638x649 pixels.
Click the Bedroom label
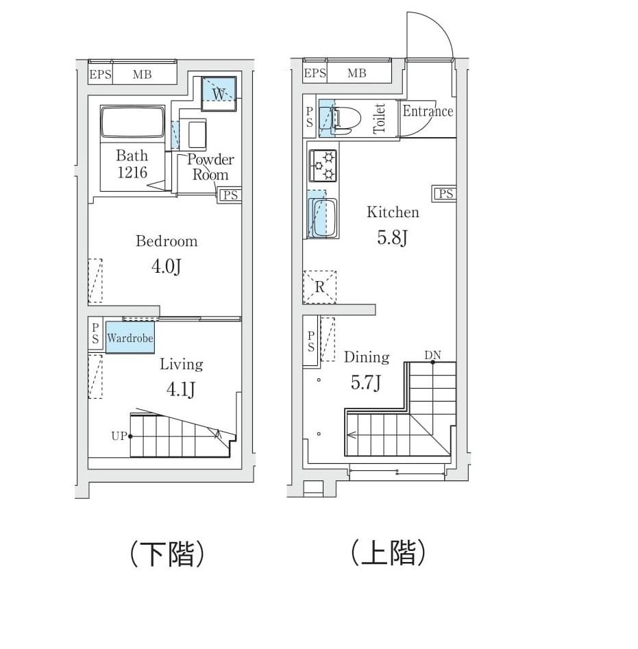point(167,241)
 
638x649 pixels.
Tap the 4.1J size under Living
point(182,389)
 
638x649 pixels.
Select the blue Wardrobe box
point(130,339)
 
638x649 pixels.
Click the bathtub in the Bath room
point(132,124)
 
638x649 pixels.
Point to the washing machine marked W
point(219,93)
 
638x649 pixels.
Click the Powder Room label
point(210,167)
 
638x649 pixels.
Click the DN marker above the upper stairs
point(432,354)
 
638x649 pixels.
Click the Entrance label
point(428,111)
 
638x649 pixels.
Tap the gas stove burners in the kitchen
point(323,165)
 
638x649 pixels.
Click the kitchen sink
point(322,217)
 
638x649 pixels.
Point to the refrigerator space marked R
point(320,287)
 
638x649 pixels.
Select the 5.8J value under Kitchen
point(393,238)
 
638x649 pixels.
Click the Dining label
point(367,357)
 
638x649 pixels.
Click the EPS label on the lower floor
point(100,75)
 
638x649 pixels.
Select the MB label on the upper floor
point(357,73)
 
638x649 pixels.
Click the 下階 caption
point(167,554)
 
